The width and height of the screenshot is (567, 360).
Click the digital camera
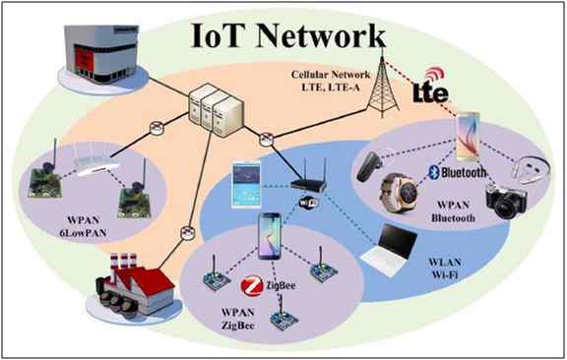click(x=506, y=202)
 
